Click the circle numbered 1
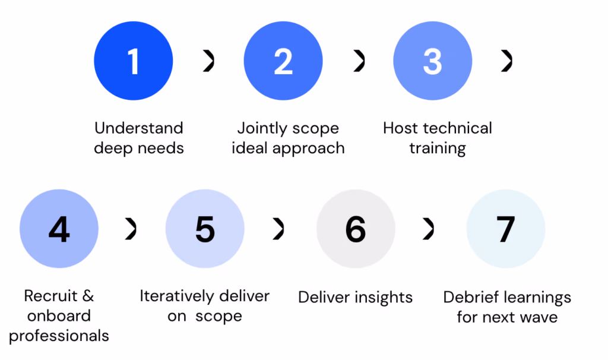click(x=134, y=61)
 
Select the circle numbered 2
click(x=283, y=61)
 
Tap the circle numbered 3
click(x=433, y=61)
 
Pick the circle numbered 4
click(x=59, y=229)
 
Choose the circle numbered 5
click(x=205, y=229)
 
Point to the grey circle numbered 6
click(x=356, y=229)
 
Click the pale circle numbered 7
click(x=506, y=229)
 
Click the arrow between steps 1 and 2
click(x=210, y=61)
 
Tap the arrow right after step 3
click(x=508, y=61)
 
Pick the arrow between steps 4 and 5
click(x=132, y=229)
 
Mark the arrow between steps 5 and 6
click(x=279, y=229)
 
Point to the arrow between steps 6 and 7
click(x=429, y=229)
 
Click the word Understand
click(x=139, y=128)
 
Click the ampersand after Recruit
click(x=88, y=296)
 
